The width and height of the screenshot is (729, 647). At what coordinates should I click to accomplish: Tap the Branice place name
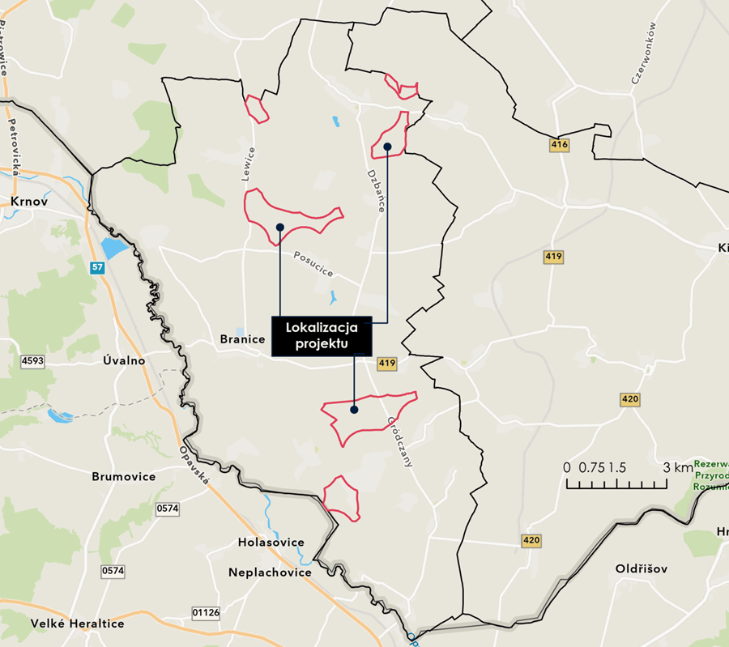242,339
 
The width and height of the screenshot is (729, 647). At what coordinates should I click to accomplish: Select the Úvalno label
125,360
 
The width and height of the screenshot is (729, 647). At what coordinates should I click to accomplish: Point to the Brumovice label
123,476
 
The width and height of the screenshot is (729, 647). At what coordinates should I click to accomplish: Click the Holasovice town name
271,542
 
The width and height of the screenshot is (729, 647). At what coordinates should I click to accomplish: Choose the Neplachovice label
270,573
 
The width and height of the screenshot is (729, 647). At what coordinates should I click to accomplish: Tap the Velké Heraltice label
78,624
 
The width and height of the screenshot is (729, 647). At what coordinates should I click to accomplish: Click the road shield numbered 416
558,145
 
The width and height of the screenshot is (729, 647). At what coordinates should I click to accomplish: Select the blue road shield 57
97,266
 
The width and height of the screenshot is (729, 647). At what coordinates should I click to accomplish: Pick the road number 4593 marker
32,360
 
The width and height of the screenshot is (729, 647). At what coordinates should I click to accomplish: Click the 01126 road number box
206,612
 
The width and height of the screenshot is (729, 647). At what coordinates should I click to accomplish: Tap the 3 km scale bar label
677,468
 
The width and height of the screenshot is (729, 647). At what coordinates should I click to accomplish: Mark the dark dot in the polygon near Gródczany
354,410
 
